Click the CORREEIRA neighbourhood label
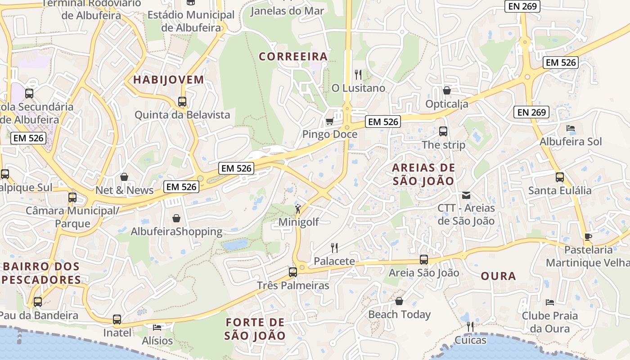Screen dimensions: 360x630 [293, 57]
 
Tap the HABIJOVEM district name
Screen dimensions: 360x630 [169, 80]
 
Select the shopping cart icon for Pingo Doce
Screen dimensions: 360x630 [329, 121]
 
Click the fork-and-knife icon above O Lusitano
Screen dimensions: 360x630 [358, 74]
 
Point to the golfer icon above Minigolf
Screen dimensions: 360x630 [298, 209]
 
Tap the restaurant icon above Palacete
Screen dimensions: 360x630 [334, 247]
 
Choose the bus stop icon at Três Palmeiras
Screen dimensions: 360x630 [293, 272]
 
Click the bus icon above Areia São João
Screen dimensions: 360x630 [423, 259]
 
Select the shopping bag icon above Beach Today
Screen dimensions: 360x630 [399, 301]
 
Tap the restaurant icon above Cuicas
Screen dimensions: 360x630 [470, 326]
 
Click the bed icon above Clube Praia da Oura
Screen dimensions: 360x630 [549, 302]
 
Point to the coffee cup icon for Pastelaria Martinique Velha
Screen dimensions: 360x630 [588, 237]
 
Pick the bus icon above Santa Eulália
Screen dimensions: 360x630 [560, 177]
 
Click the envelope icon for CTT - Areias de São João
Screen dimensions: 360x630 [466, 195]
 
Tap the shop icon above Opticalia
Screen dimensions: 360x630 [447, 91]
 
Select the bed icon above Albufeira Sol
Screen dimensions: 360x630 [571, 128]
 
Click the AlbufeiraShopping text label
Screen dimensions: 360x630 [176, 232]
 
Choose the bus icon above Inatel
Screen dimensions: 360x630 [117, 319]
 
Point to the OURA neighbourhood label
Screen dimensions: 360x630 [498, 276]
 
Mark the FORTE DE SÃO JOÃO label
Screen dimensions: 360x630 [255, 329]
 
